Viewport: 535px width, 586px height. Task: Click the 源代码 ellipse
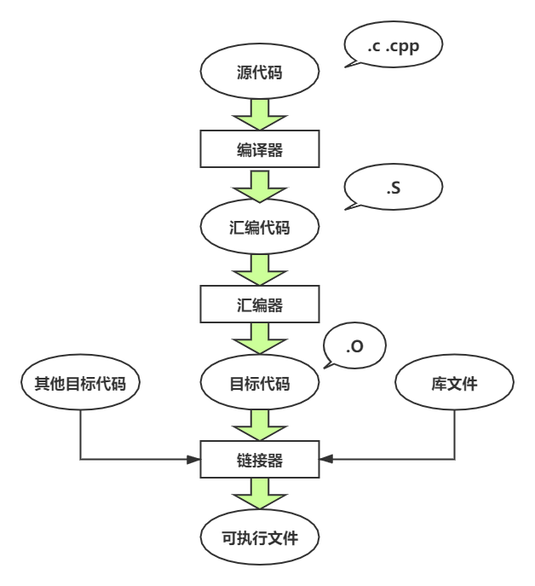pos(259,73)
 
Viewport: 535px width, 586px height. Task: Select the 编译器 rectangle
pos(259,149)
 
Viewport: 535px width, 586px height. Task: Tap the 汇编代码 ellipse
pos(259,227)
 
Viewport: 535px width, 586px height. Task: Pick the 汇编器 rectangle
pos(259,305)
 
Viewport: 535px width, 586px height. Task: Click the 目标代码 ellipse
pos(259,383)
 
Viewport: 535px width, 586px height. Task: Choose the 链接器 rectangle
pos(259,460)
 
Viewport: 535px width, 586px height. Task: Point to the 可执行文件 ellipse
pos(259,538)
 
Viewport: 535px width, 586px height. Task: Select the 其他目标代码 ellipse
pos(79,383)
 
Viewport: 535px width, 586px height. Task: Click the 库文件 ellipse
pos(454,383)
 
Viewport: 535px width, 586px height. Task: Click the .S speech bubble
pos(393,189)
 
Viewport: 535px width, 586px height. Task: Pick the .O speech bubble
pos(354,347)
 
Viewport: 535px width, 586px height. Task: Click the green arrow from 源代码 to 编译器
pos(259,113)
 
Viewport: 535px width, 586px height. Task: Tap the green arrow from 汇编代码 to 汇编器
pos(259,268)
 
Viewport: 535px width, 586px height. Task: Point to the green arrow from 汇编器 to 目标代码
pos(259,340)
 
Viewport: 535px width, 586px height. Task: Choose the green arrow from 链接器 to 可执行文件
pos(259,495)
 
